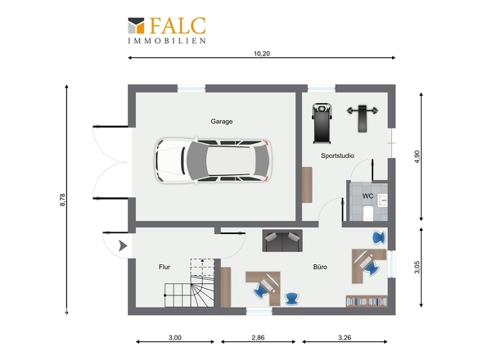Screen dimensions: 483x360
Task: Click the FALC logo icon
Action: coord(136,25)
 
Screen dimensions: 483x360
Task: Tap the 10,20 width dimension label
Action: coord(262,53)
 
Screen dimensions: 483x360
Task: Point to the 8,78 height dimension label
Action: coord(62,200)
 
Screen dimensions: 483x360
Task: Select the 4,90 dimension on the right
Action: coord(417,156)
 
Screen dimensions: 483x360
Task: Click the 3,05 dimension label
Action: coord(417,267)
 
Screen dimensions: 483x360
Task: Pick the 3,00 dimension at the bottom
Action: coord(175,338)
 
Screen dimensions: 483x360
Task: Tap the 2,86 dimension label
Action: coord(258,338)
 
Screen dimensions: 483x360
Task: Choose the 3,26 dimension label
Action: coord(345,338)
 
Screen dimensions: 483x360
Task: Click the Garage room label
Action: coord(222,121)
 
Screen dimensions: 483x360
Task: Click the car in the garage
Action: coord(213,160)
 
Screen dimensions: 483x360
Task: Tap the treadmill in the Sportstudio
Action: coord(323,124)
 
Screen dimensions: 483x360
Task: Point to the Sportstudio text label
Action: coord(337,155)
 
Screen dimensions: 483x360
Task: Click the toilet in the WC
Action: coord(368,214)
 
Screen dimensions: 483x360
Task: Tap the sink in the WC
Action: coord(382,200)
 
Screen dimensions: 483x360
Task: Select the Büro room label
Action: coord(320,267)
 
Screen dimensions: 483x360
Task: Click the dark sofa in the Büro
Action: coord(282,241)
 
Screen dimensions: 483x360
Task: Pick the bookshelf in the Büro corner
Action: coord(367,301)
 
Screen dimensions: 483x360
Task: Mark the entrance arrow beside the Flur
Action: coord(124,245)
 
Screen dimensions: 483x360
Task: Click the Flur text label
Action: coord(165,267)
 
